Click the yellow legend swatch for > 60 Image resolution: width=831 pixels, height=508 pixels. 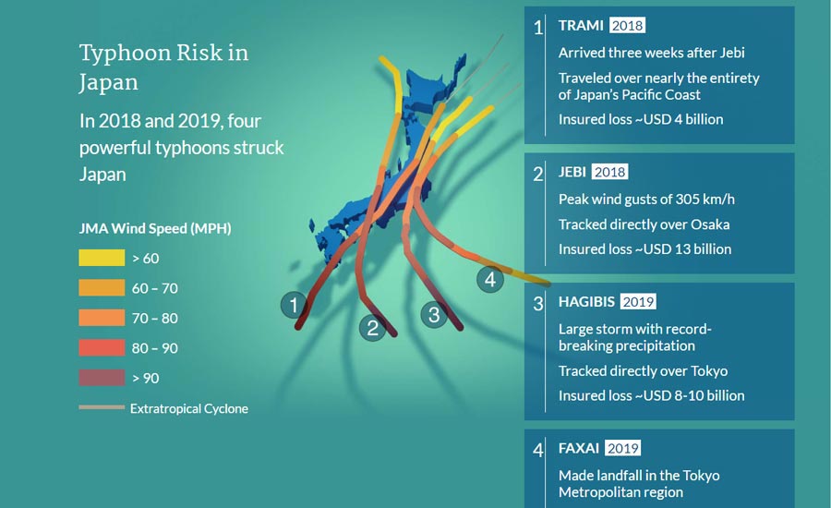102,258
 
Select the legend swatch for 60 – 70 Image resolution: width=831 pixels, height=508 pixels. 102,288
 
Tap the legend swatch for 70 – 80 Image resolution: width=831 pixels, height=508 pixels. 102,318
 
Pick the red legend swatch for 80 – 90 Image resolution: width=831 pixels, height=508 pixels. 102,348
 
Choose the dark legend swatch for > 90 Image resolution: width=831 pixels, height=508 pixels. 102,378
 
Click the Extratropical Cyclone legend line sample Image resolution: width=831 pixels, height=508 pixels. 102,407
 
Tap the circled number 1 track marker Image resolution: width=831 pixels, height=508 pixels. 295,305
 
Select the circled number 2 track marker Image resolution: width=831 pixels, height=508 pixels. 373,328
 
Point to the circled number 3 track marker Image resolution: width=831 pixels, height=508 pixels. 434,314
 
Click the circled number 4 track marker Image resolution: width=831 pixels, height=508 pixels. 490,279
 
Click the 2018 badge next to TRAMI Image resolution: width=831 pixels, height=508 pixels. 628,26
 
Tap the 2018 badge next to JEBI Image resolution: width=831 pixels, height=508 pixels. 609,172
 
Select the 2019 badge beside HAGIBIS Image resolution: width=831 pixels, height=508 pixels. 638,302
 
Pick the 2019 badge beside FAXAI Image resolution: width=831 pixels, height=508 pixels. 622,448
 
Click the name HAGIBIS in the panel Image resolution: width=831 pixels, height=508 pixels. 586,302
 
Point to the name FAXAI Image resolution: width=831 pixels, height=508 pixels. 579,448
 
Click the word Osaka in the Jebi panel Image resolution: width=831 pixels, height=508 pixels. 710,224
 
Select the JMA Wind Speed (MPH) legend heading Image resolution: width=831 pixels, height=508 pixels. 155,228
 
